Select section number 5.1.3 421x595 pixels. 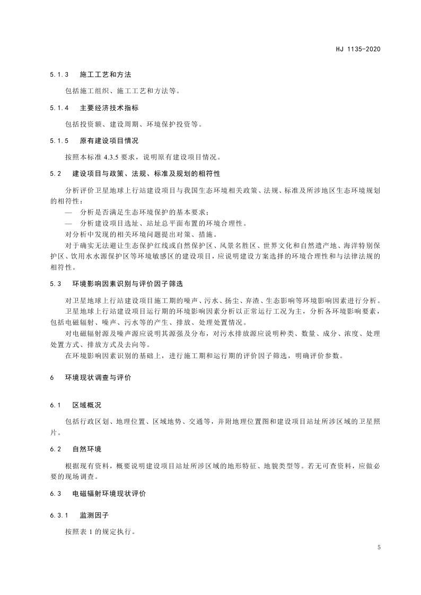coord(59,75)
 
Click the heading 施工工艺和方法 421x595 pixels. coord(106,75)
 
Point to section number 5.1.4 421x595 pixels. coord(59,108)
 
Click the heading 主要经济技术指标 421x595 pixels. coord(109,108)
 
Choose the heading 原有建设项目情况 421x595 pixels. coord(109,141)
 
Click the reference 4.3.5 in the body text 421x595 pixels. coord(120,157)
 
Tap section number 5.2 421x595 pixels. coord(56,174)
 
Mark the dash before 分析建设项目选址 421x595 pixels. coord(68,223)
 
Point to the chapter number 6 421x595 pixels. coord(52,378)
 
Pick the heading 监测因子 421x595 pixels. coord(94,515)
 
